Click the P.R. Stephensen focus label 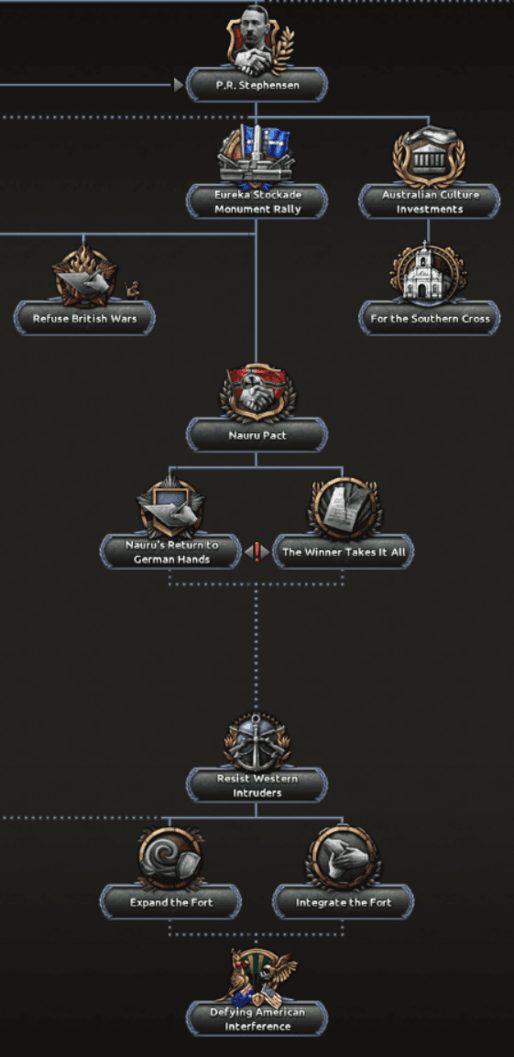click(257, 85)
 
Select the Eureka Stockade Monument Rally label click(257, 202)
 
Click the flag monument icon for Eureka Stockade click(257, 156)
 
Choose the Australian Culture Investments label click(430, 202)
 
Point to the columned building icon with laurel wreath click(429, 157)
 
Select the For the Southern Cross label click(430, 318)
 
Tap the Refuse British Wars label click(84, 318)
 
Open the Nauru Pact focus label click(257, 435)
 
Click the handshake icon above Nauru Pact click(257, 391)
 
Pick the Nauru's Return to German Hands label click(170, 552)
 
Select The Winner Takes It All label click(344, 552)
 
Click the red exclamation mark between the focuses click(257, 552)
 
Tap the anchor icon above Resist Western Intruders click(257, 742)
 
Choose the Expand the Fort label click(170, 902)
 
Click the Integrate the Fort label click(344, 902)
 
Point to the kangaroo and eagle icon click(257, 977)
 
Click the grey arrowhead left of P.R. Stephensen click(179, 85)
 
